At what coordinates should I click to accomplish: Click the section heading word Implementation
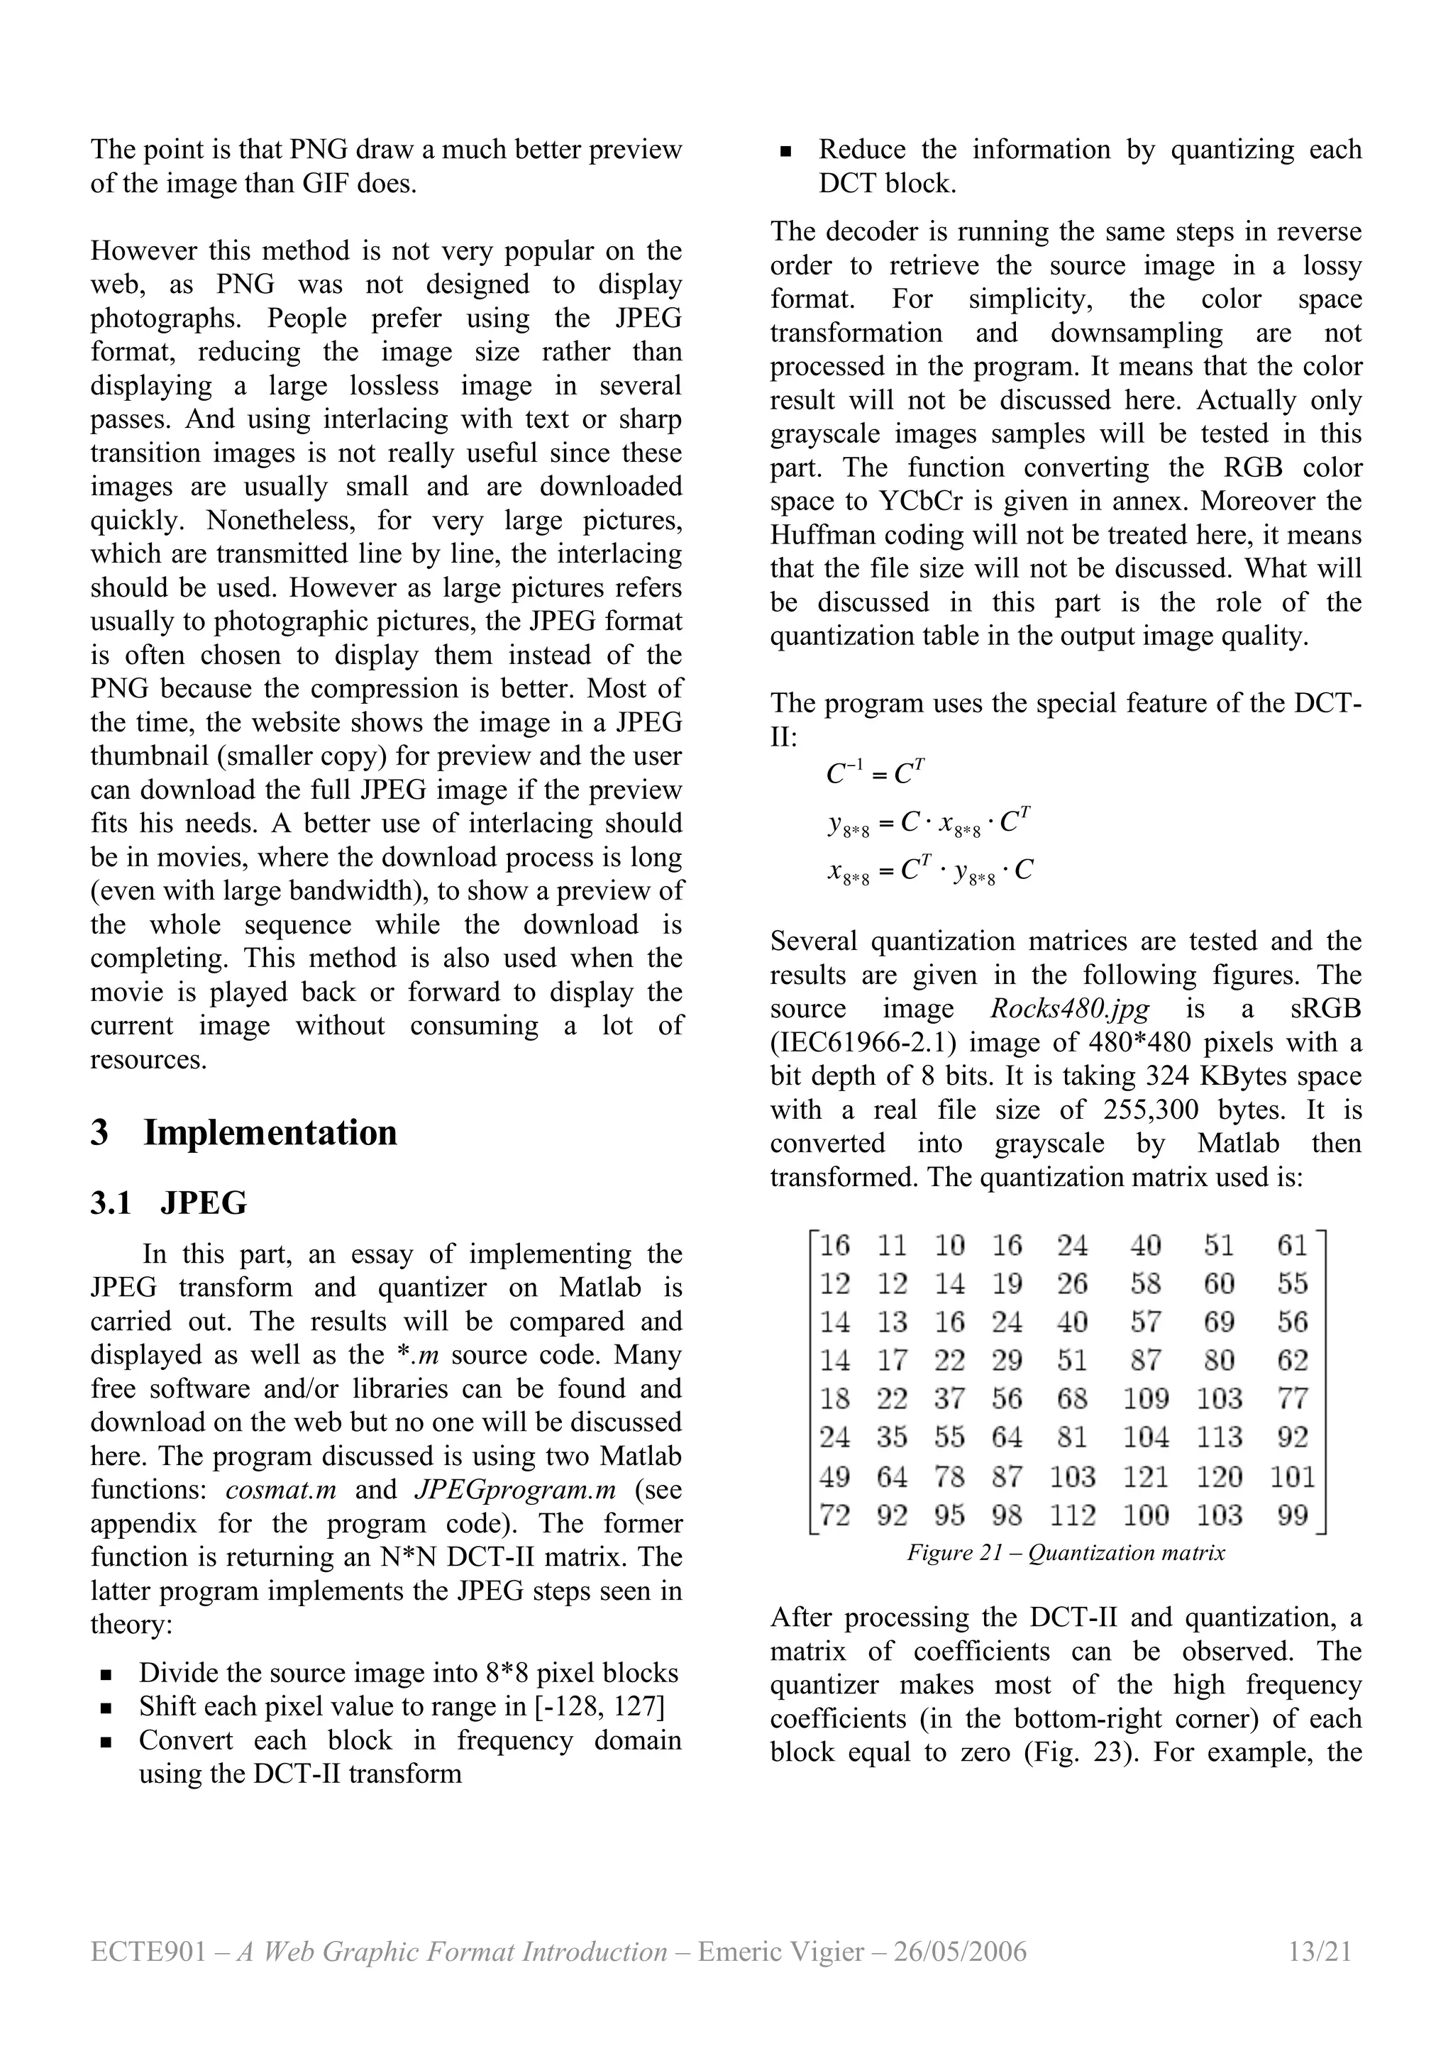tap(270, 1133)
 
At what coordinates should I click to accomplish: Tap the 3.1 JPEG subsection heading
tap(168, 1203)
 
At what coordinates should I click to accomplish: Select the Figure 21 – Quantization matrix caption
tap(1066, 1553)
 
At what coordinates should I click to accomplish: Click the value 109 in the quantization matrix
tap(1146, 1399)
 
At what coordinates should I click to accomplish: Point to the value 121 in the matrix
tap(1146, 1476)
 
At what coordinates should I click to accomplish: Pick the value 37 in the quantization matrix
tap(950, 1399)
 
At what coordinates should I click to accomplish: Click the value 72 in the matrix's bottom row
tap(834, 1515)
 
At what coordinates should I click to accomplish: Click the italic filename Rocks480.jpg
tap(1069, 1009)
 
